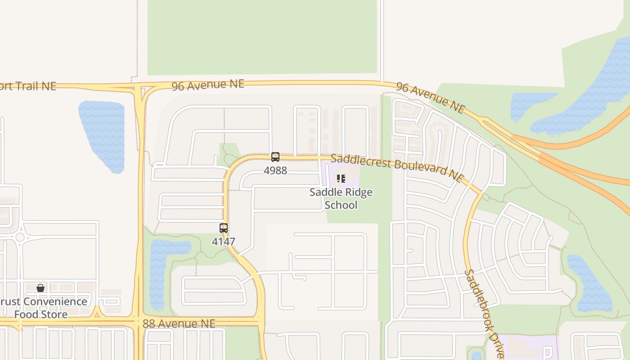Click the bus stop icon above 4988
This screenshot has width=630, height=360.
(x=275, y=157)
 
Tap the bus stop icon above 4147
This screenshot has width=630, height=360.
(x=224, y=228)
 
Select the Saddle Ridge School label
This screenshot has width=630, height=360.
(x=341, y=198)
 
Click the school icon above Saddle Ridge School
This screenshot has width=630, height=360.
(x=341, y=179)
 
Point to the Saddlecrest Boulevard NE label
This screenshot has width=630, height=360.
(x=396, y=167)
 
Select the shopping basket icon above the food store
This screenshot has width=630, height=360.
(x=40, y=288)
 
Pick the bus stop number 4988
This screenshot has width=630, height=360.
(x=275, y=171)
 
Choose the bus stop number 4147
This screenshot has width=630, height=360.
(x=224, y=242)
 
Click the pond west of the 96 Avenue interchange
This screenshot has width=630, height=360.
(x=103, y=135)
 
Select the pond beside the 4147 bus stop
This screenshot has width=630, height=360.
(x=160, y=270)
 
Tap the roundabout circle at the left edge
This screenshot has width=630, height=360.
(x=20, y=237)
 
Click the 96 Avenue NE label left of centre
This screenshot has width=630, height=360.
(x=208, y=85)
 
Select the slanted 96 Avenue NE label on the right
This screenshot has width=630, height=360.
(x=430, y=97)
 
